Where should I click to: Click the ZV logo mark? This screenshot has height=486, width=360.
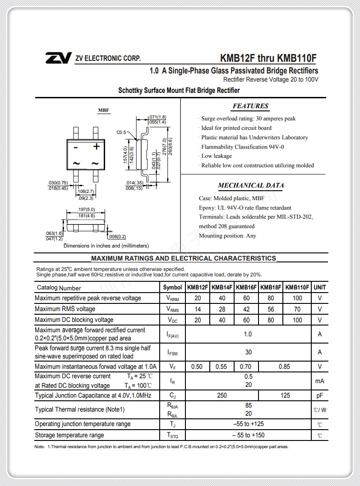58,58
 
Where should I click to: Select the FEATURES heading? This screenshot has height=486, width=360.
250,106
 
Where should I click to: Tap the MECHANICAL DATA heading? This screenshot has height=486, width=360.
251,185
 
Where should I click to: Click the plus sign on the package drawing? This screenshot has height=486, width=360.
96,146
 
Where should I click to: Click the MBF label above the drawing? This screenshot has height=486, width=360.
104,110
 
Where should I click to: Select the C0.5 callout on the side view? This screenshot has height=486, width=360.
121,133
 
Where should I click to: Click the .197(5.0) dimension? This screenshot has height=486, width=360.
86,210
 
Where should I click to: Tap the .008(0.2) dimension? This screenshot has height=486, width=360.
117,236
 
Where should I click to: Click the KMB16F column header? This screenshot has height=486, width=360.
246,287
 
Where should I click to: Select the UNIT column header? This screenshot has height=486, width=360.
320,287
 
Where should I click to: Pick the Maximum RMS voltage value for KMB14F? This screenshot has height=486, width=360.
222,309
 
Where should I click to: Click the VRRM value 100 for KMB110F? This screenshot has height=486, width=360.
297,298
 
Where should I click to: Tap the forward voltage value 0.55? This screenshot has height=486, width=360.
221,367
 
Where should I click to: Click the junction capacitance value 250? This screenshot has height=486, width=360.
222,395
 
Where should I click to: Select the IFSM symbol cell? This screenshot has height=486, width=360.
172,352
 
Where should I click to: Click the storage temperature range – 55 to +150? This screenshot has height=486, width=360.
248,435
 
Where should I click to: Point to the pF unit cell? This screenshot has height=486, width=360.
320,395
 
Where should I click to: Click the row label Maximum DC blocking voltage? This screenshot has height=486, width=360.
74,320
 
